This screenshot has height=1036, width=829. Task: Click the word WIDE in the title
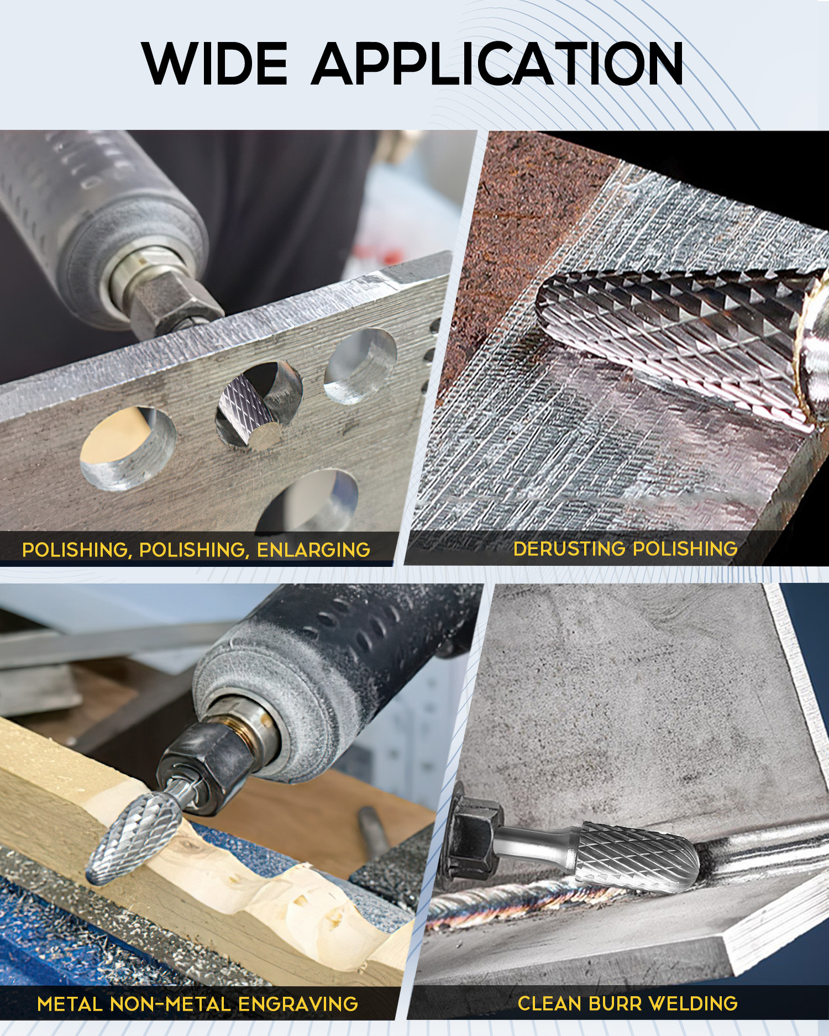point(215,64)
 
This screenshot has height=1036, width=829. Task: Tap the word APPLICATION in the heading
point(498,64)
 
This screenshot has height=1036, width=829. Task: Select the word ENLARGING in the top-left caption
point(313,550)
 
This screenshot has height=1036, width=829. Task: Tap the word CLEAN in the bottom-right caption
point(548,1003)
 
